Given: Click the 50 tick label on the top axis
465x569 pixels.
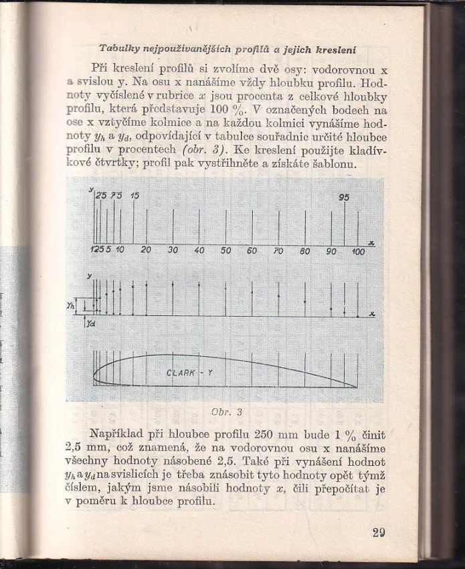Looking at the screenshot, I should pyautogui.click(x=225, y=250).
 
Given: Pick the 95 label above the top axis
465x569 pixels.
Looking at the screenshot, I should pyautogui.click(x=345, y=197).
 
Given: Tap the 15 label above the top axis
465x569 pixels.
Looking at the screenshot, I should pyautogui.click(x=135, y=195).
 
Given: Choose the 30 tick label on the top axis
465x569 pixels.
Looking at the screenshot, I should pyautogui.click(x=173, y=250).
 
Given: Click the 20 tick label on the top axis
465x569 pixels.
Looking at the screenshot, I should pyautogui.click(x=146, y=250).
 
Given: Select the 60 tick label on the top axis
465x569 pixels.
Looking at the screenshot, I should pyautogui.click(x=252, y=250).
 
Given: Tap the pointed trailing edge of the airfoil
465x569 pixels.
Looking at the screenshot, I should pyautogui.click(x=356, y=387).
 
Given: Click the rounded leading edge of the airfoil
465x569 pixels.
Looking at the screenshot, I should pyautogui.click(x=95, y=374).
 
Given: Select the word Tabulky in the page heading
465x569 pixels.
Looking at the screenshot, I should pyautogui.click(x=116, y=49).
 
